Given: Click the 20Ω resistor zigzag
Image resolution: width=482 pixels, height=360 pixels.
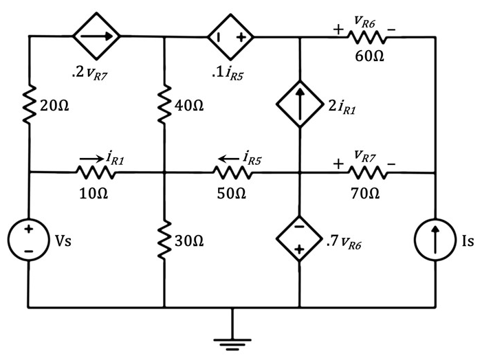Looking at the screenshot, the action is click(x=29, y=104).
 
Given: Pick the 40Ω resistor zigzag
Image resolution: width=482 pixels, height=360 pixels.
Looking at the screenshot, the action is click(x=164, y=104).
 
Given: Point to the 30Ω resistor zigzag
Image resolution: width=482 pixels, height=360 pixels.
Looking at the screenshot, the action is click(x=164, y=240).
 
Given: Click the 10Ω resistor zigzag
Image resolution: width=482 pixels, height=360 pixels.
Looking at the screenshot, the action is click(x=96, y=172).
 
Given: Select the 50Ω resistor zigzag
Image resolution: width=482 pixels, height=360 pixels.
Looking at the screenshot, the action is click(x=232, y=172).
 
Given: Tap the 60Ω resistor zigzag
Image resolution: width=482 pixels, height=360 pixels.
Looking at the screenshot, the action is click(x=367, y=37).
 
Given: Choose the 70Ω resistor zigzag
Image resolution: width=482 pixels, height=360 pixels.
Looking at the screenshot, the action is click(x=368, y=172).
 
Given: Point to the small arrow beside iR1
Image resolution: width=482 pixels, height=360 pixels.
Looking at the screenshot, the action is click(x=92, y=159).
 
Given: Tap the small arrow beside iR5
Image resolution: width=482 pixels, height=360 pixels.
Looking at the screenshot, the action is click(x=228, y=159).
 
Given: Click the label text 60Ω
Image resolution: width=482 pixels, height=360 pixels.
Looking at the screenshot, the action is click(x=369, y=56).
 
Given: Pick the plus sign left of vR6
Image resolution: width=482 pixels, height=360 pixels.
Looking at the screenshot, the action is click(x=338, y=30).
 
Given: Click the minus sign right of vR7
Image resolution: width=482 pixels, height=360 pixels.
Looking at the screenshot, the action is click(x=391, y=164).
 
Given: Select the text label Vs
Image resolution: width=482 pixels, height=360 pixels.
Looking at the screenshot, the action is click(x=63, y=240).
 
